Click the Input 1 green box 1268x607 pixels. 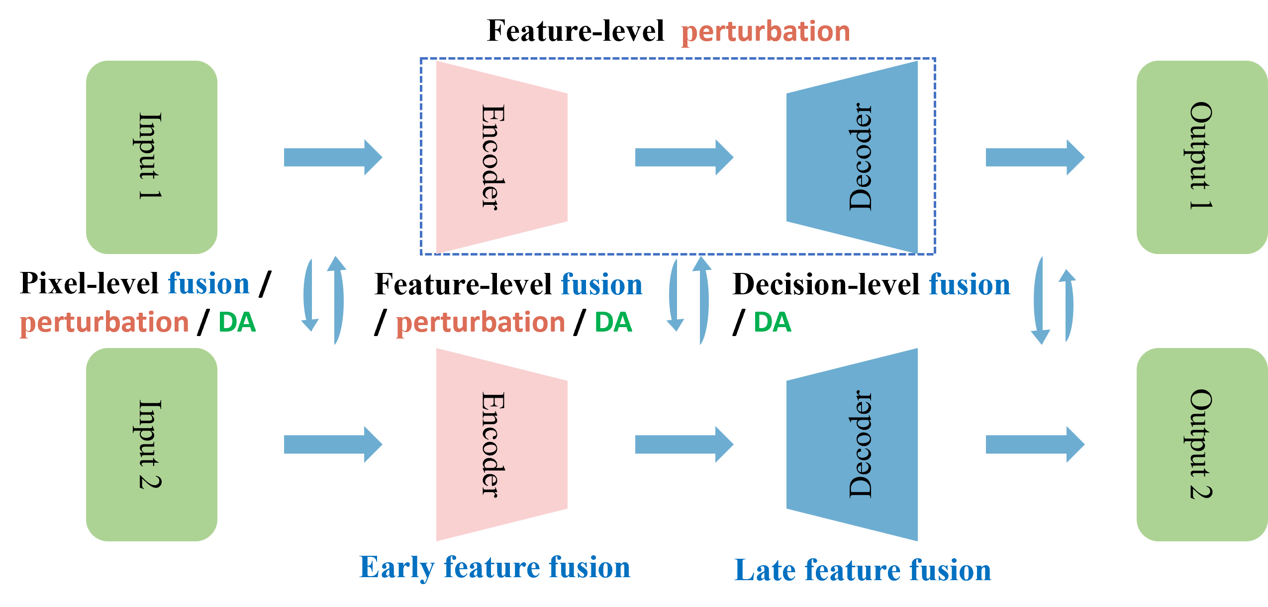(152, 157)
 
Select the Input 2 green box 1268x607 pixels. (152, 444)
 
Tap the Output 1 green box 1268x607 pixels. (1201, 157)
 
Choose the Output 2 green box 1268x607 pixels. (1201, 444)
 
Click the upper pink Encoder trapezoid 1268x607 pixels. (501, 157)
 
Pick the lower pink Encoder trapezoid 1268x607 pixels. (501, 444)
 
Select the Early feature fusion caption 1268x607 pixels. (494, 568)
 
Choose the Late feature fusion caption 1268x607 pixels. (863, 570)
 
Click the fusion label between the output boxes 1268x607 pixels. (970, 284)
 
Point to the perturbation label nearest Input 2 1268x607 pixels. (104, 323)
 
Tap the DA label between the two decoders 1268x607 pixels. (772, 322)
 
